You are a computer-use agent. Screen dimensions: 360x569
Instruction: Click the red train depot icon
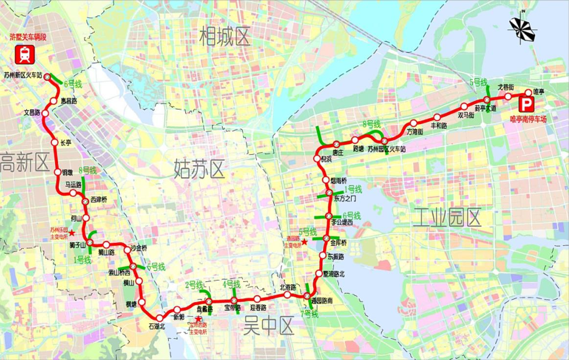(24, 54)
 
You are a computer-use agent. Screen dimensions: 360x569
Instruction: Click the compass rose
(522, 29)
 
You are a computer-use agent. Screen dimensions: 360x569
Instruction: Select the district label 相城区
(225, 37)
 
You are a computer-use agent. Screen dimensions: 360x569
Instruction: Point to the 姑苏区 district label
(199, 169)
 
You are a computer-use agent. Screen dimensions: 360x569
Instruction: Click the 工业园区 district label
(447, 217)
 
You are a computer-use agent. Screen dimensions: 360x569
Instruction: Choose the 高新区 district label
(24, 162)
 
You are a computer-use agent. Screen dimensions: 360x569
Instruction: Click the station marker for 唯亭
(528, 92)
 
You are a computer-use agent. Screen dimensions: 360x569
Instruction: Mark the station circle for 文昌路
(45, 113)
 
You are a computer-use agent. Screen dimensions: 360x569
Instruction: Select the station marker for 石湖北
(159, 318)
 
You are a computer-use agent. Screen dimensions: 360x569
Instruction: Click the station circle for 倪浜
(317, 158)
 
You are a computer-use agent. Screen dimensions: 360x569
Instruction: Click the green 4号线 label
(231, 284)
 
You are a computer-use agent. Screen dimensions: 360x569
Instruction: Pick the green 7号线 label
(309, 314)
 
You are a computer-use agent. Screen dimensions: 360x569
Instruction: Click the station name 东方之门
(345, 199)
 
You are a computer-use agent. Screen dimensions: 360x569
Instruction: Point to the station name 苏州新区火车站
(24, 75)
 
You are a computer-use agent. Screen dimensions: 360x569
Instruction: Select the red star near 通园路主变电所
(304, 242)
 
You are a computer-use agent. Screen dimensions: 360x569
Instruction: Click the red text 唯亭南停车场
(527, 118)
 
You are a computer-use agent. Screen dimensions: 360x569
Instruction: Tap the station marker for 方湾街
(413, 123)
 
